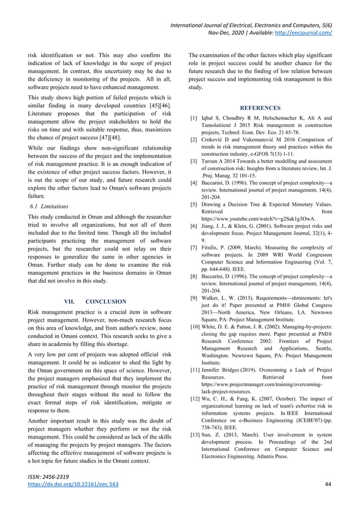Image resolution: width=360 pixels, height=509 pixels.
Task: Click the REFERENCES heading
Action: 260,108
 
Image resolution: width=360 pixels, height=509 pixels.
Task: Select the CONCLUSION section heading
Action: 106,301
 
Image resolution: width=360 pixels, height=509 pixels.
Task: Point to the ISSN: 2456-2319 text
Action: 48,477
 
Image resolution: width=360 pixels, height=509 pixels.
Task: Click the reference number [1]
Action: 194,118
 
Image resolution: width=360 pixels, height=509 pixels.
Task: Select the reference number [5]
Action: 194,204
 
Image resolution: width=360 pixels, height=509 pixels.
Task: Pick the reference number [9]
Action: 194,297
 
